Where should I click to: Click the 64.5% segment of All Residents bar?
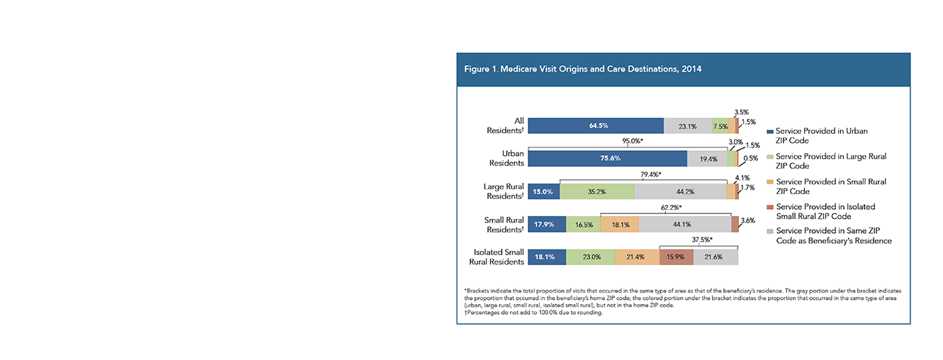(596, 126)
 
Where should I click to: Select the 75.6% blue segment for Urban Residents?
(607, 159)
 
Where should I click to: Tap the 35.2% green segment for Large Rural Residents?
(597, 191)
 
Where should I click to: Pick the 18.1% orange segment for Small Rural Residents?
(620, 225)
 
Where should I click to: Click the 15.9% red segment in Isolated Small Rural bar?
(677, 257)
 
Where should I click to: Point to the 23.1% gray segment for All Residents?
(688, 126)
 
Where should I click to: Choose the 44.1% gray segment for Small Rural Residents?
(685, 225)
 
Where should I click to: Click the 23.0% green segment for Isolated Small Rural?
(590, 257)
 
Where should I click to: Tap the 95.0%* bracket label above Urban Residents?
(633, 141)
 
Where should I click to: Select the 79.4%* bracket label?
(651, 174)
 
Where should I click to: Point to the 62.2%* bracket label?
(671, 208)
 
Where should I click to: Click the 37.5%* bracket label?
(702, 240)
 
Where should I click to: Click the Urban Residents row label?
(507, 158)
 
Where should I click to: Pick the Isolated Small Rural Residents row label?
(497, 257)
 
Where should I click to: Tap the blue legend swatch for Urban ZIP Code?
(770, 132)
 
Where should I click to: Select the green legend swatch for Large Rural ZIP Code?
(770, 157)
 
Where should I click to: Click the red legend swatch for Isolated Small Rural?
(770, 207)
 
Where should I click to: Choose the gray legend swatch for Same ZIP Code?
(770, 231)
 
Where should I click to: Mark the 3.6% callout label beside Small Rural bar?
(748, 220)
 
